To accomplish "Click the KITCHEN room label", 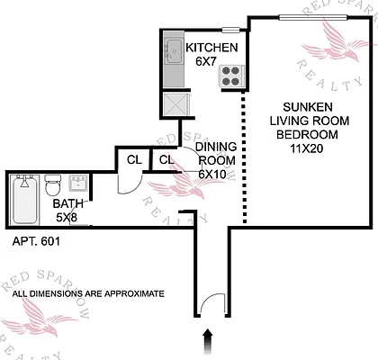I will (211, 48).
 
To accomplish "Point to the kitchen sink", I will (171, 52).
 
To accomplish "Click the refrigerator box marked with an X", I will (174, 104).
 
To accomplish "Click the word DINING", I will (215, 147).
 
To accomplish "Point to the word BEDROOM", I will (307, 134).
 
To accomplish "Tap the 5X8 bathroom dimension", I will (67, 217).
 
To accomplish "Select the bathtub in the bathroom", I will (24, 200).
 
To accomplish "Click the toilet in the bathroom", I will (53, 186).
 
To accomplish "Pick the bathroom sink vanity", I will (76, 184).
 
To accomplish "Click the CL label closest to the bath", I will (133, 160).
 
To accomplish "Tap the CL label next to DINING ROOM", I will (166, 160).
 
